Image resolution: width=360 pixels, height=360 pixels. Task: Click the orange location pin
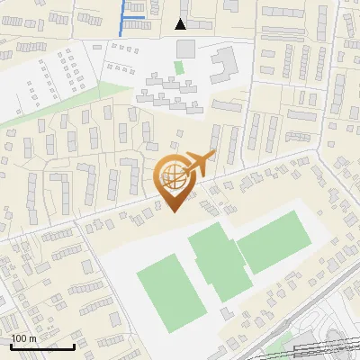pyautogui.click(x=173, y=180)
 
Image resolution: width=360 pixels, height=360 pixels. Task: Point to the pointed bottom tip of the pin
pyautogui.click(x=173, y=211)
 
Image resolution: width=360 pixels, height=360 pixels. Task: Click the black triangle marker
pyautogui.click(x=181, y=24)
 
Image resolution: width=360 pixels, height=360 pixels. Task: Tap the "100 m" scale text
pyautogui.click(x=22, y=338)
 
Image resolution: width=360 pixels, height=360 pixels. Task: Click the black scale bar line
pyautogui.click(x=42, y=346)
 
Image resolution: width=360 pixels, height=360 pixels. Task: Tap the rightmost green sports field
pyautogui.click(x=274, y=238)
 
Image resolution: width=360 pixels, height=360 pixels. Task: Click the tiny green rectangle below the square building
pyautogui.click(x=179, y=67)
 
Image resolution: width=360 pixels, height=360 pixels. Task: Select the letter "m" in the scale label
pyautogui.click(x=31, y=338)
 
